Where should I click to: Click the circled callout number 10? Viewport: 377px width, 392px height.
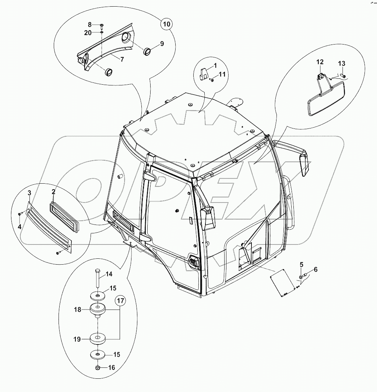[166, 24]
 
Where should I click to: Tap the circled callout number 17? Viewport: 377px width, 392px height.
[120, 300]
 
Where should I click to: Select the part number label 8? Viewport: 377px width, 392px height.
[90, 25]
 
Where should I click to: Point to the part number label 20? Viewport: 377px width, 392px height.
[88, 33]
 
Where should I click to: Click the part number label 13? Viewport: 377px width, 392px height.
[342, 64]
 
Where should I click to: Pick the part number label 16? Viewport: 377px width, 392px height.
[112, 367]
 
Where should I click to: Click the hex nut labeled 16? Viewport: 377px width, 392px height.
[98, 368]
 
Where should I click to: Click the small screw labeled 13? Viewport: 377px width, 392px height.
[343, 75]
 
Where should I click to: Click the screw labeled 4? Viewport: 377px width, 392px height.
[20, 214]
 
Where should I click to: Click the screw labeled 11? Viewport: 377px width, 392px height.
[211, 80]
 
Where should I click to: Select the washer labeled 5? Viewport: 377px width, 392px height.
[301, 277]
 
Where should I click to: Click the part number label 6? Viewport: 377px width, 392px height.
[316, 269]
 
